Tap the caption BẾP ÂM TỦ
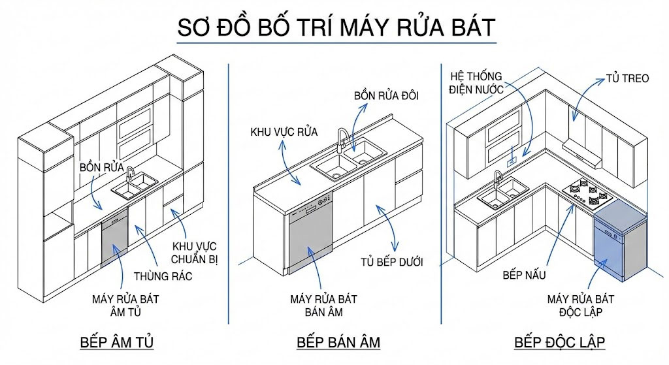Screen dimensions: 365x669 [117, 342]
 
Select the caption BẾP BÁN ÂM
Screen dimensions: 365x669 [338, 342]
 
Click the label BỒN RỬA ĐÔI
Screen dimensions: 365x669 [386, 96]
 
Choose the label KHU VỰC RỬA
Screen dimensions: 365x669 [284, 132]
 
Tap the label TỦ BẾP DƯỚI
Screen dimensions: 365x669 [391, 262]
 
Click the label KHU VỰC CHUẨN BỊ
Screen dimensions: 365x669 [194, 253]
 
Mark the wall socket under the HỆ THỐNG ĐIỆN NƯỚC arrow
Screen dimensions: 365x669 [514, 159]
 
